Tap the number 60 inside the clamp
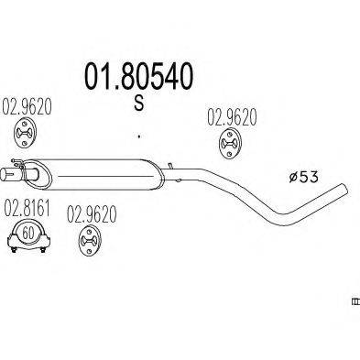tap(27, 232)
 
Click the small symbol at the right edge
tap(355, 300)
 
